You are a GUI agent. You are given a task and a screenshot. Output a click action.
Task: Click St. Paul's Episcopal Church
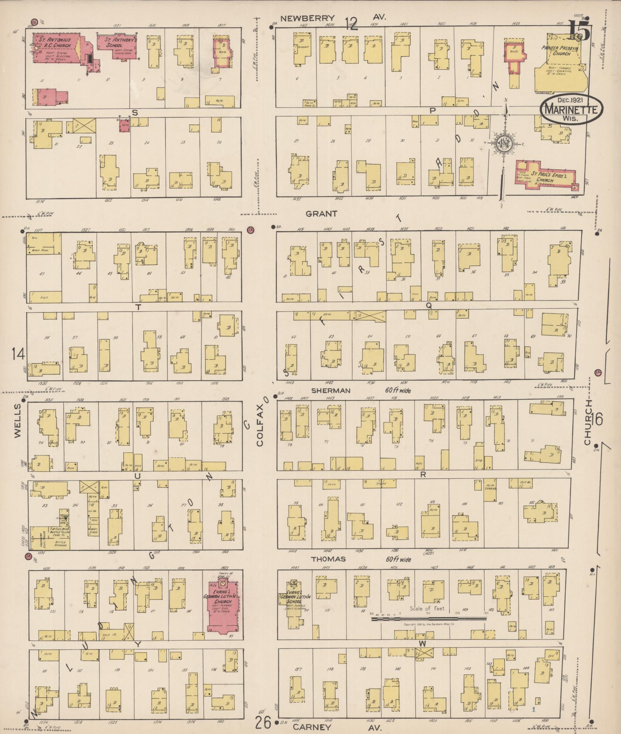545,175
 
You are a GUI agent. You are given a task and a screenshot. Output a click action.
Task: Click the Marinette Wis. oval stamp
571,110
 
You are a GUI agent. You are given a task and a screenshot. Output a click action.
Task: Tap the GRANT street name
321,213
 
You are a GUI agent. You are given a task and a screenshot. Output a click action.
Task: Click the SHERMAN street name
331,390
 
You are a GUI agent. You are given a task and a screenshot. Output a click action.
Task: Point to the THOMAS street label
328,559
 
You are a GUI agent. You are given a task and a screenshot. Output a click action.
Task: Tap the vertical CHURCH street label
587,422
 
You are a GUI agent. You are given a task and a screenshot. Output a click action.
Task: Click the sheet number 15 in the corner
579,31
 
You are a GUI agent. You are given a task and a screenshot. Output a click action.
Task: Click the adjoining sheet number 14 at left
18,354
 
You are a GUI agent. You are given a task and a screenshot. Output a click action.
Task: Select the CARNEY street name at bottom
312,727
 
